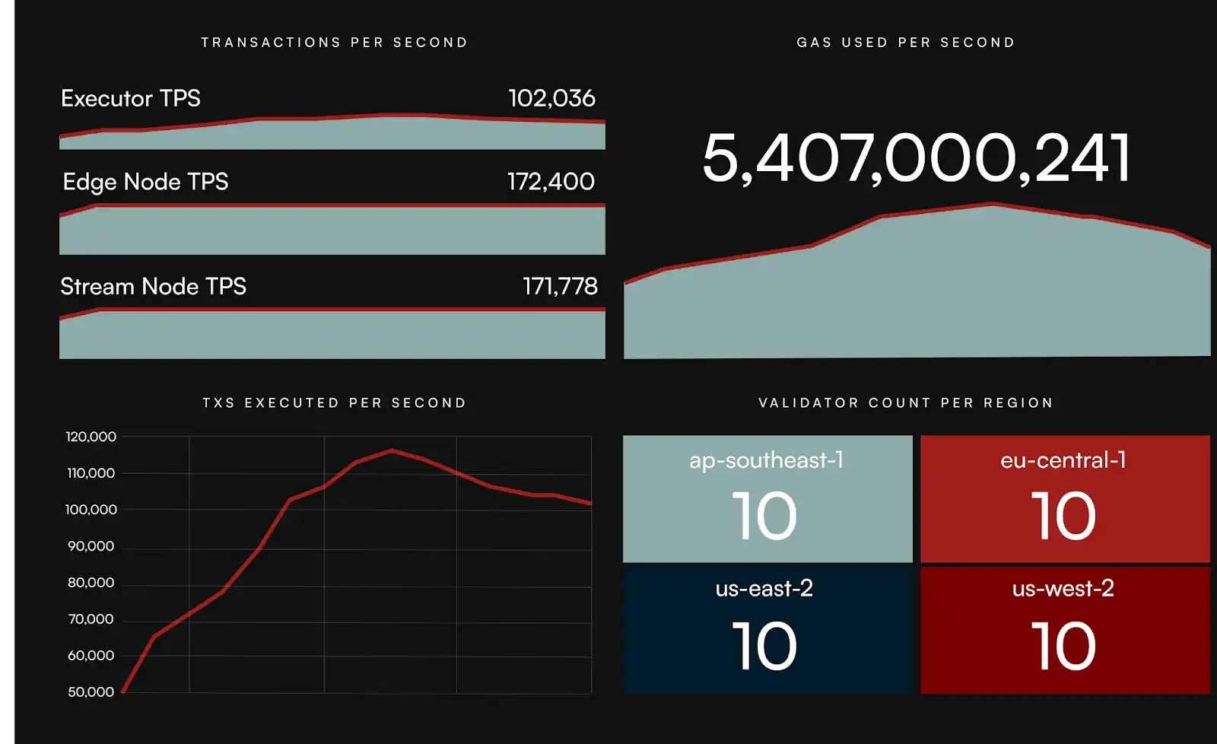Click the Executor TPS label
click(x=130, y=99)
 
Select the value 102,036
click(x=551, y=99)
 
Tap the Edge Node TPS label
click(x=145, y=182)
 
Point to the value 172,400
click(x=551, y=182)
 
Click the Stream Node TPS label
click(x=153, y=287)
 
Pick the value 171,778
click(x=560, y=287)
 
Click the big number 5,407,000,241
click(x=916, y=158)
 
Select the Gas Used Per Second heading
click(x=905, y=43)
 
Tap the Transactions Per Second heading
click(x=334, y=43)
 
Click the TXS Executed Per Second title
click(x=334, y=403)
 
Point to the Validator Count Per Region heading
click(x=905, y=403)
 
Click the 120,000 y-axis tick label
click(x=91, y=437)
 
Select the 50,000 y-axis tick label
click(x=91, y=692)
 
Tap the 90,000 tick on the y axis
click(x=91, y=546)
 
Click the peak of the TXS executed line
click(x=392, y=450)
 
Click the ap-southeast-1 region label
click(x=766, y=460)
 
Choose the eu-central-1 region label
click(x=1063, y=460)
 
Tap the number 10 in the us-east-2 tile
click(x=764, y=646)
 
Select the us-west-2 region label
click(x=1063, y=588)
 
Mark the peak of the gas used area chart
click(x=993, y=204)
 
